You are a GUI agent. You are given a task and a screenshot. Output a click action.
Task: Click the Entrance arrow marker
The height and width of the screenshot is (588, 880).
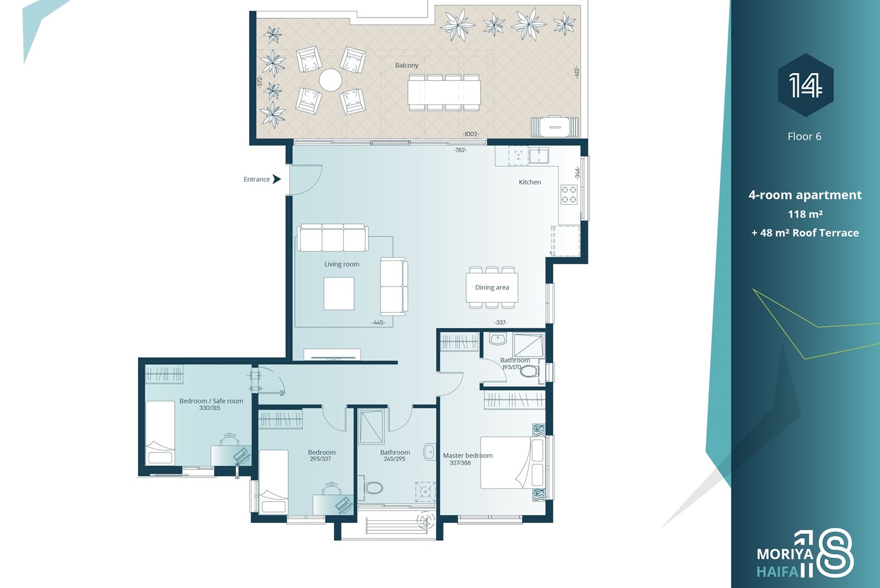[277, 179]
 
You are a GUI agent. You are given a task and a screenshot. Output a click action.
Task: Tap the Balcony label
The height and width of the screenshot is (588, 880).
[406, 65]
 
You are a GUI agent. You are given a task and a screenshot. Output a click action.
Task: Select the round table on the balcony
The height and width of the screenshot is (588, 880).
[331, 80]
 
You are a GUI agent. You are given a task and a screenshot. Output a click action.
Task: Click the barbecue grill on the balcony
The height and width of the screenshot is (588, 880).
[555, 126]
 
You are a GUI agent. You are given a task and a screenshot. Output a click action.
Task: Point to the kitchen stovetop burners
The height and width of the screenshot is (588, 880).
[569, 194]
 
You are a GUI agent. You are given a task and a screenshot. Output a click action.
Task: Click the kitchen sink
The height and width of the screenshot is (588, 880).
[538, 155]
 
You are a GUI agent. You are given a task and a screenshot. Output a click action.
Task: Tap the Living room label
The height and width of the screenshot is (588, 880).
[342, 264]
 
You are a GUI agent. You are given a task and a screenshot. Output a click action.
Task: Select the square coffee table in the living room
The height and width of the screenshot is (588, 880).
[339, 293]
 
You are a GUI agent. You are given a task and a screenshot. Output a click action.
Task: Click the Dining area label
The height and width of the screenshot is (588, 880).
[492, 287]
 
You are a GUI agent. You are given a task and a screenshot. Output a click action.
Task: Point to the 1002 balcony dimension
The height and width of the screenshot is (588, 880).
[471, 134]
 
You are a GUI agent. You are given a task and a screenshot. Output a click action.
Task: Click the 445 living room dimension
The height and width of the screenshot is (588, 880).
[378, 322]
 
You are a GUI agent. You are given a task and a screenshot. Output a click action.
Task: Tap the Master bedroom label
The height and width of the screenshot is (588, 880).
[468, 455]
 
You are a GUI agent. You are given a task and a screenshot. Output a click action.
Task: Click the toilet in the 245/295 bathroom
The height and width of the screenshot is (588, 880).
[373, 488]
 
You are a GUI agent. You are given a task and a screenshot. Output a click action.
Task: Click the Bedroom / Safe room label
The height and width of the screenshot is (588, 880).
[211, 400]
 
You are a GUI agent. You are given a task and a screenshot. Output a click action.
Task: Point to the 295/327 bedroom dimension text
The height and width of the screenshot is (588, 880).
[320, 458]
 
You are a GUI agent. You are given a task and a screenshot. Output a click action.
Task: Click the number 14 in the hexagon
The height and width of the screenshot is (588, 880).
[805, 85]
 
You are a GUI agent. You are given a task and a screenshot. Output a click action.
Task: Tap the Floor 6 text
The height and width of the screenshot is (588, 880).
[804, 136]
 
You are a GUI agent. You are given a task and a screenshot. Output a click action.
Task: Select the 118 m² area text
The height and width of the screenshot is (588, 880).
[805, 214]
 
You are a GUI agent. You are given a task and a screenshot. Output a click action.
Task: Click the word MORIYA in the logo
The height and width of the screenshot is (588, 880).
[785, 554]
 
